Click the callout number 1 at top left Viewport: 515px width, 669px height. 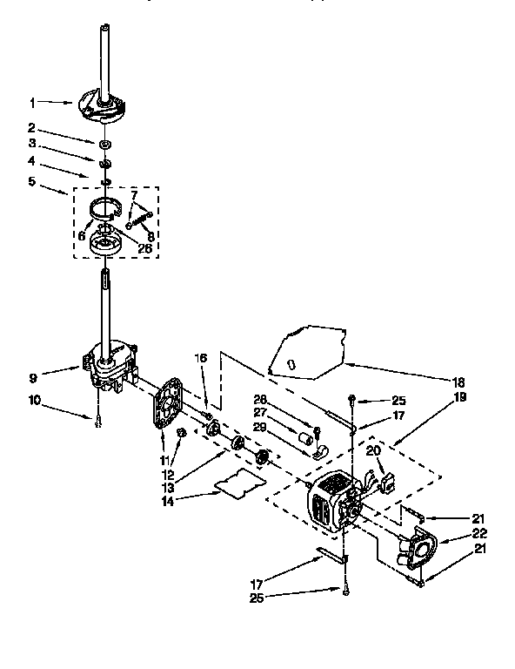32,102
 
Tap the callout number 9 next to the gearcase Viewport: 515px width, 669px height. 32,377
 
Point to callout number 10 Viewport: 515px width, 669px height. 32,400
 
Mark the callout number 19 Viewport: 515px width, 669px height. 458,396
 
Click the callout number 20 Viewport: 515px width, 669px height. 372,450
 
